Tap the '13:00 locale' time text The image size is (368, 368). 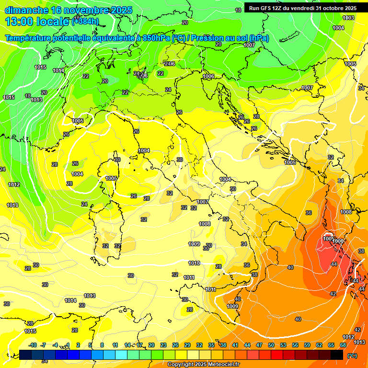[37, 22]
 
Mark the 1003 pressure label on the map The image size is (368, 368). [348, 18]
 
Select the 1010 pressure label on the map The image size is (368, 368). [194, 263]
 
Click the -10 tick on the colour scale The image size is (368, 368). [33, 345]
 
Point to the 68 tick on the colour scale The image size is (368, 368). [343, 345]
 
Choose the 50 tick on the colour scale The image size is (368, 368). [271, 345]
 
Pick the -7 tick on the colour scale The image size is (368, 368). [43, 345]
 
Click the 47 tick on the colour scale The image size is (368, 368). [259, 345]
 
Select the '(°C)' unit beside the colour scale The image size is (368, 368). [352, 356]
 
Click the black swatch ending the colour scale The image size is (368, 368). [337, 355]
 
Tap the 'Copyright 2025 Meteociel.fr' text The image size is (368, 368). [203, 364]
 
